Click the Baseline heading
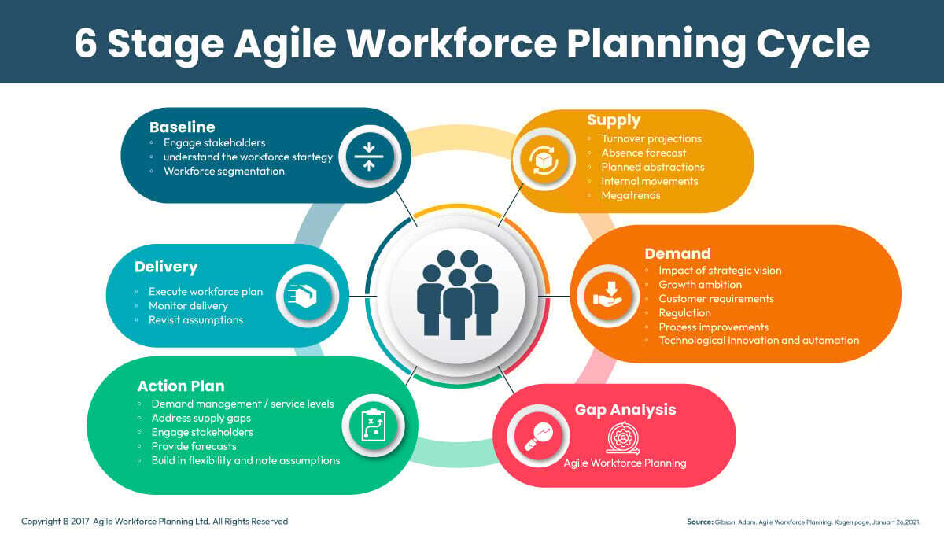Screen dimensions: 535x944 182,127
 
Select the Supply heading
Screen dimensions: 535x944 614,120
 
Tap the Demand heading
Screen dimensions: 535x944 677,253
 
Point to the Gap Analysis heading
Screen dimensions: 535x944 625,410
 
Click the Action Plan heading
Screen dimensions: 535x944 181,386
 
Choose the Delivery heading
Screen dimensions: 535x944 166,267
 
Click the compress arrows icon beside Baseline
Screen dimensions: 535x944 368,156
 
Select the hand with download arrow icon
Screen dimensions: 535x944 607,295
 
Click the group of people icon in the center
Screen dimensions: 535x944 457,292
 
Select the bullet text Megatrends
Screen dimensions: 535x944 631,195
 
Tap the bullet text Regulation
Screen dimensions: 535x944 684,313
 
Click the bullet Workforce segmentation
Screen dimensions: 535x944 223,171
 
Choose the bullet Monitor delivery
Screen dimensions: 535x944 188,306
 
